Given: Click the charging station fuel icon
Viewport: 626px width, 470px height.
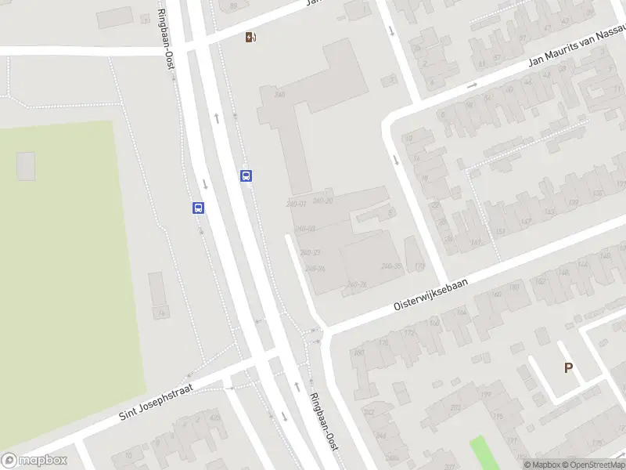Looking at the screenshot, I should (250, 37).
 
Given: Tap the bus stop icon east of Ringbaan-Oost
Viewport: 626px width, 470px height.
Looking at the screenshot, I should (246, 175).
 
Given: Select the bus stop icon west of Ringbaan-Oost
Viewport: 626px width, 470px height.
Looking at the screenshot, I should (199, 208).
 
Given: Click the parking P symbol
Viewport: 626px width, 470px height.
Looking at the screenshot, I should (568, 367).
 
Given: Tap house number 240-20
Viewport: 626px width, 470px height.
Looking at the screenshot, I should (322, 201).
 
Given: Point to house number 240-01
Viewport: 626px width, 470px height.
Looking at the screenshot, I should (296, 204).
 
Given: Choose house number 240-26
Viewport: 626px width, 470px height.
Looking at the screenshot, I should (356, 284).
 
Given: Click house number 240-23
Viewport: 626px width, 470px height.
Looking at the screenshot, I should (311, 252).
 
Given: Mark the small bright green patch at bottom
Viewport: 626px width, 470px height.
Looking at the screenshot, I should (485, 453).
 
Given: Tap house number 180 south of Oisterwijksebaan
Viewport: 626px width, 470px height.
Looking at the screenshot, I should (359, 352).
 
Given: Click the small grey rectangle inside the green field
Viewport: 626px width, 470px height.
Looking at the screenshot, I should (26, 166).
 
